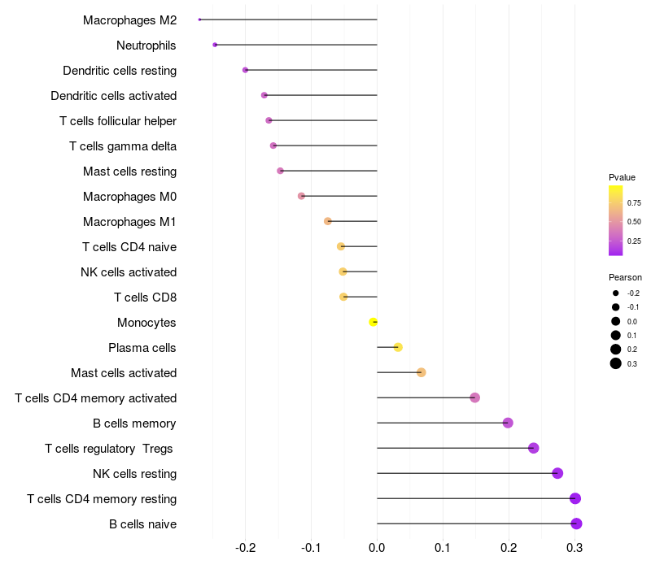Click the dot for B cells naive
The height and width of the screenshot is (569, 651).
(x=576, y=523)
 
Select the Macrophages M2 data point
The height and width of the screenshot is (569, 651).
(x=199, y=20)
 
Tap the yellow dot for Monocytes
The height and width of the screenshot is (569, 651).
(x=374, y=322)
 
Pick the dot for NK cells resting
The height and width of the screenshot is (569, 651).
(x=557, y=473)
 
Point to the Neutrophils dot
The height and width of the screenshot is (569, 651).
(x=215, y=45)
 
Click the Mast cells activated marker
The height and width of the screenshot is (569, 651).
(x=421, y=372)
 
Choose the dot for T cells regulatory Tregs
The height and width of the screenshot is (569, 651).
(x=534, y=448)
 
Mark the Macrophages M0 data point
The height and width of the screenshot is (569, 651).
(x=301, y=196)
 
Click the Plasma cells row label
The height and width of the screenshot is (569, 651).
(x=142, y=348)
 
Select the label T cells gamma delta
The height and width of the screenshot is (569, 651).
(x=123, y=146)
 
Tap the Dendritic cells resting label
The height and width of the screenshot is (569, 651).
(x=120, y=71)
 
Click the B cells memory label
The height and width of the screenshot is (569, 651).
(x=135, y=423)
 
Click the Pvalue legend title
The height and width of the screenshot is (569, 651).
(x=622, y=177)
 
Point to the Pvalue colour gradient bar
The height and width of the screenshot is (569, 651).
(x=616, y=220)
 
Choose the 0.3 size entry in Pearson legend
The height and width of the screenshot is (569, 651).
(x=616, y=363)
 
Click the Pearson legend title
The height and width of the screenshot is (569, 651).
(x=625, y=277)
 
